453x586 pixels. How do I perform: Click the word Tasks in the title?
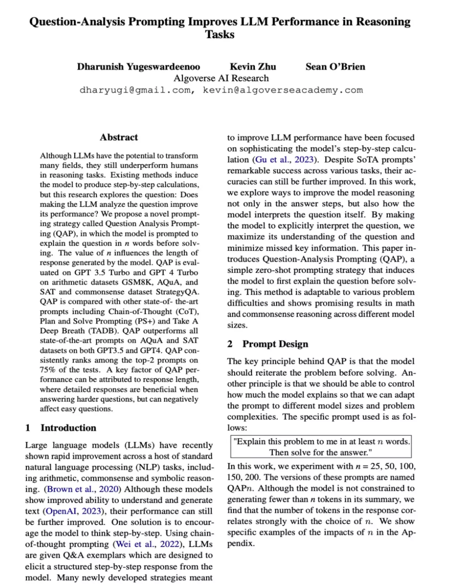tap(220, 34)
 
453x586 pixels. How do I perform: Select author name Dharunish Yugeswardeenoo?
tap(139, 67)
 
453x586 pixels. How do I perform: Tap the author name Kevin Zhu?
tap(253, 67)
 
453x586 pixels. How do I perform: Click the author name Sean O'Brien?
tap(335, 67)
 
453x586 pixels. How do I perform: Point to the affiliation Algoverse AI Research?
tap(221, 78)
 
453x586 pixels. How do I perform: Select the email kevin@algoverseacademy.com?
tap(282, 90)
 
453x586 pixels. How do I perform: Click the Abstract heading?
tap(119, 137)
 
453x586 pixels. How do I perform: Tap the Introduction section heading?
tap(68, 428)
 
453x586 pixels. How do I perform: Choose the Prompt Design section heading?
tap(275, 344)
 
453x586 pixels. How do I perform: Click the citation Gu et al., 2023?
tap(285, 160)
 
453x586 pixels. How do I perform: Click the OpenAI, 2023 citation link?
tap(73, 511)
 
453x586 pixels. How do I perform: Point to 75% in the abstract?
tap(47, 370)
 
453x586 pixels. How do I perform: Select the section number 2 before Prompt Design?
tap(230, 344)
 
